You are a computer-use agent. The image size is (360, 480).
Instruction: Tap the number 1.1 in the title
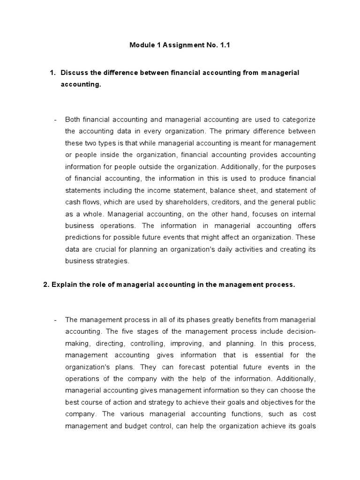pyautogui.click(x=225, y=45)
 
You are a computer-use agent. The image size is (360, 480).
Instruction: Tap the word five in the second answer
pyautogui.click(x=120, y=331)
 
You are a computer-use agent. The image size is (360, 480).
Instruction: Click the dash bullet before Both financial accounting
pyautogui.click(x=55, y=119)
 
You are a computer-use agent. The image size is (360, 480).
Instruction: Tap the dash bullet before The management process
pyautogui.click(x=55, y=320)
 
